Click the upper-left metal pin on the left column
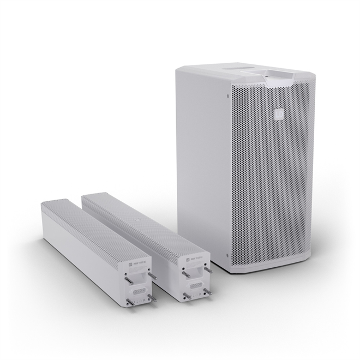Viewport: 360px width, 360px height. pyautogui.click(x=127, y=280)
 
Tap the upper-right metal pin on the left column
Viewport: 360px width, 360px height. pyautogui.click(x=151, y=276)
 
